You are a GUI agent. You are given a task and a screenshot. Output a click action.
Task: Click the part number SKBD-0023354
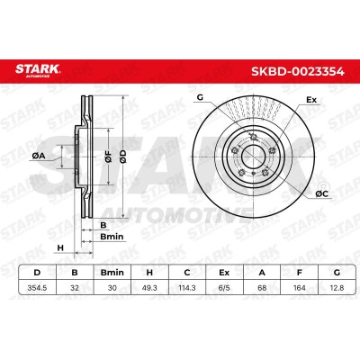(297, 72)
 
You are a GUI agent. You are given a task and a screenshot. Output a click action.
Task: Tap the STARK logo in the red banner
(38, 70)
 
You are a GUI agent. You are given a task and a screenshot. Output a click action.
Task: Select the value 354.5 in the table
(37, 288)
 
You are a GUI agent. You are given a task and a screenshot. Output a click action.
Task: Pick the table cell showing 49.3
(149, 288)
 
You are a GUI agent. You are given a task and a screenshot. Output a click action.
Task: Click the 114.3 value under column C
(187, 288)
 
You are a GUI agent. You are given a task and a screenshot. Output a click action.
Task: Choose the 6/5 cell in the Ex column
(224, 288)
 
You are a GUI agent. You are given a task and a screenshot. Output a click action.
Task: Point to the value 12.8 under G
(337, 288)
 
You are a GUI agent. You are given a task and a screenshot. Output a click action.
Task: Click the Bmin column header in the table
(112, 273)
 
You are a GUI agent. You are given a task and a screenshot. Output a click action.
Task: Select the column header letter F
(299, 273)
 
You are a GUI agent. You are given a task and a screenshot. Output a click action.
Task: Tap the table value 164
(299, 288)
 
